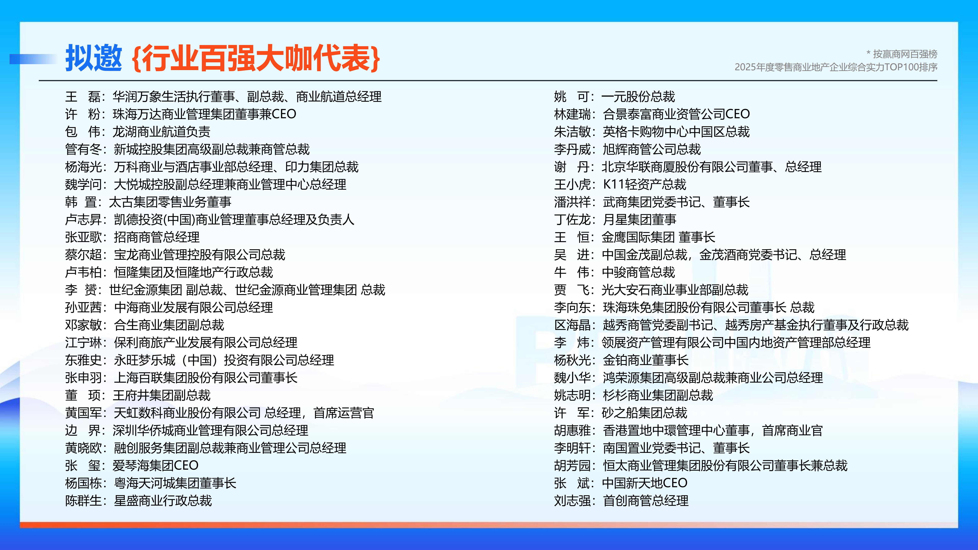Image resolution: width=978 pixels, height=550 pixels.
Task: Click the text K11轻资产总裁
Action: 645,184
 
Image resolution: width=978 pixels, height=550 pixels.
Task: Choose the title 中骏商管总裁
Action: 638,272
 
